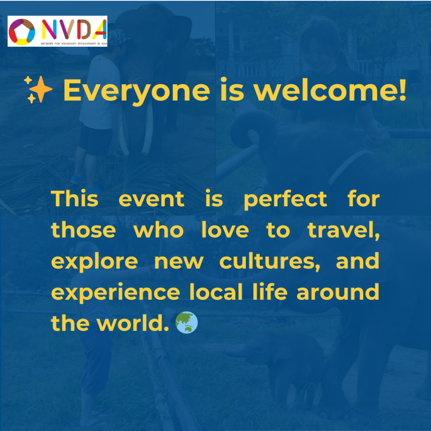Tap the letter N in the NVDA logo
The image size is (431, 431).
[49, 29]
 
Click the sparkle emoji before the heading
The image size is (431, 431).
[38, 90]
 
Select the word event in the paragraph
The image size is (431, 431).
[152, 199]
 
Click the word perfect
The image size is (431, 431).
[285, 200]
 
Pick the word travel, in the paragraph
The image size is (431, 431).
[344, 230]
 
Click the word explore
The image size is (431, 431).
[95, 261]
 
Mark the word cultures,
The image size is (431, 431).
[270, 261]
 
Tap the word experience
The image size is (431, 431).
[115, 293]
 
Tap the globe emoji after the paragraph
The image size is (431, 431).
[186, 322]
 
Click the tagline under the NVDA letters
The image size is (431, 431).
[74, 43]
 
